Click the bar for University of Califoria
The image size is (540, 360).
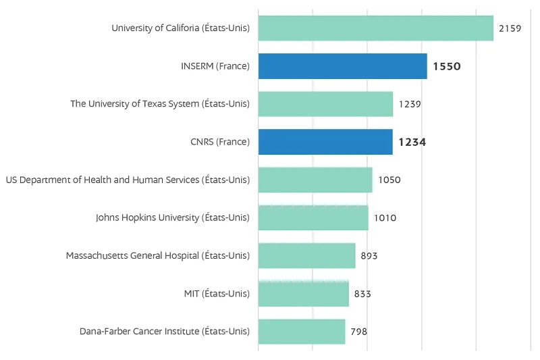click(x=375, y=28)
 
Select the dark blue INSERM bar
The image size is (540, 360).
click(x=342, y=66)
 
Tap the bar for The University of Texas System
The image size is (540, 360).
click(x=325, y=104)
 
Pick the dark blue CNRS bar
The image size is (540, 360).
click(x=325, y=142)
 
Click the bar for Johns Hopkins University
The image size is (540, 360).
click(x=313, y=217)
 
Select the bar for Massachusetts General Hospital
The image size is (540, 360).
click(x=306, y=255)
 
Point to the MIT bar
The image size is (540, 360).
click(x=303, y=294)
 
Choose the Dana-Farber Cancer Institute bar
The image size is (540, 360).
click(x=301, y=332)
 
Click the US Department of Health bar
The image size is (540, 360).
click(x=315, y=180)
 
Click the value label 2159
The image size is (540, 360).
click(x=510, y=28)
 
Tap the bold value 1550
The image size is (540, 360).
click(x=446, y=66)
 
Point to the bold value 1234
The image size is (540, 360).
click(x=412, y=142)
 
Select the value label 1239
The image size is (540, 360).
click(x=410, y=104)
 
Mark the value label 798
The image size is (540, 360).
click(x=358, y=332)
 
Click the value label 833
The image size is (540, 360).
click(x=362, y=294)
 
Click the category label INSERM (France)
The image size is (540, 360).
click(x=215, y=66)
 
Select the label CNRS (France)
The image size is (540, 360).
click(x=219, y=142)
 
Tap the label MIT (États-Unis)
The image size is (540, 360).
click(x=216, y=294)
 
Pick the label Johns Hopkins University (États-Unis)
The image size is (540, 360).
click(x=172, y=217)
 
